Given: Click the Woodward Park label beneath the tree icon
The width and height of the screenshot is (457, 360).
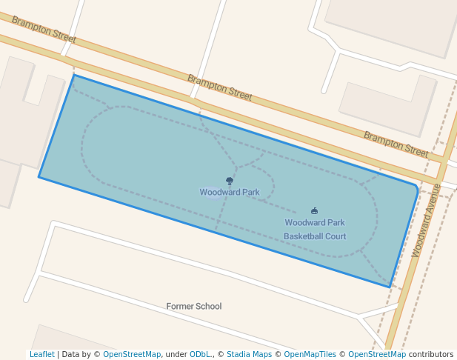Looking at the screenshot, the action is click(x=230, y=193).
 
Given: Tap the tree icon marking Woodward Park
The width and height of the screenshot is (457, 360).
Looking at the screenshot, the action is click(x=230, y=181).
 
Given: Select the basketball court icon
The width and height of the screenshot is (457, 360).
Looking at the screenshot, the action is click(x=315, y=211).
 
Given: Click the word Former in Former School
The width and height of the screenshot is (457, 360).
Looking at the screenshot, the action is click(x=180, y=307).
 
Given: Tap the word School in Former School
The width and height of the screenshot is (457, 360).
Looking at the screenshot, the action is click(x=208, y=307).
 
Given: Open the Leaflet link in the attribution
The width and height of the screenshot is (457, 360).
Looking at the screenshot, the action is click(x=42, y=355).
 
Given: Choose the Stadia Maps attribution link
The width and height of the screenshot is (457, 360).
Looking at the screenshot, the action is click(x=249, y=355).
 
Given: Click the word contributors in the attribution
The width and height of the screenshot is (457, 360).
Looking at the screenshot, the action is click(x=431, y=355).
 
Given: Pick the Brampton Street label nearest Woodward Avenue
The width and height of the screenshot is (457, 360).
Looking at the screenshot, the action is click(x=396, y=143).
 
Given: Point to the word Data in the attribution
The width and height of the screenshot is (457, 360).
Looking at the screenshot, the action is click(x=71, y=355).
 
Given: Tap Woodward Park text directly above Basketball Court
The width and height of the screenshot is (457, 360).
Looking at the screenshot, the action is click(x=315, y=222).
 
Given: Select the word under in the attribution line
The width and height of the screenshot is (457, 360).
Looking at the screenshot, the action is click(x=176, y=355).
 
